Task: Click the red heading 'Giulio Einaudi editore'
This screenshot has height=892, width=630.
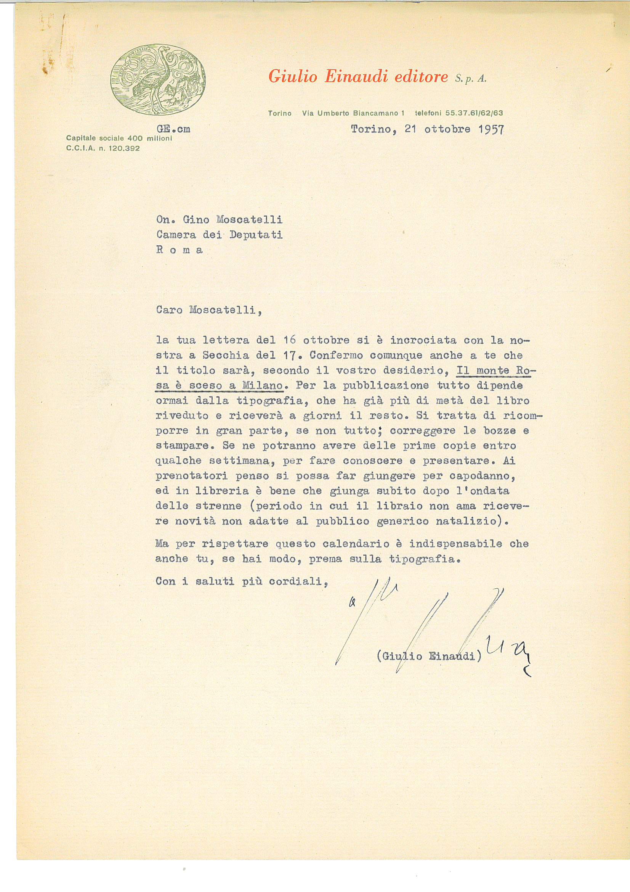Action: tap(358, 77)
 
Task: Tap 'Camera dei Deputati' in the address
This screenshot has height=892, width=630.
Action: tap(219, 235)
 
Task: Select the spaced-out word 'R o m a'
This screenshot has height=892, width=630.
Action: tap(180, 250)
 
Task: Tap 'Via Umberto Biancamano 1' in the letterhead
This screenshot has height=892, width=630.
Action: tap(353, 113)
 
